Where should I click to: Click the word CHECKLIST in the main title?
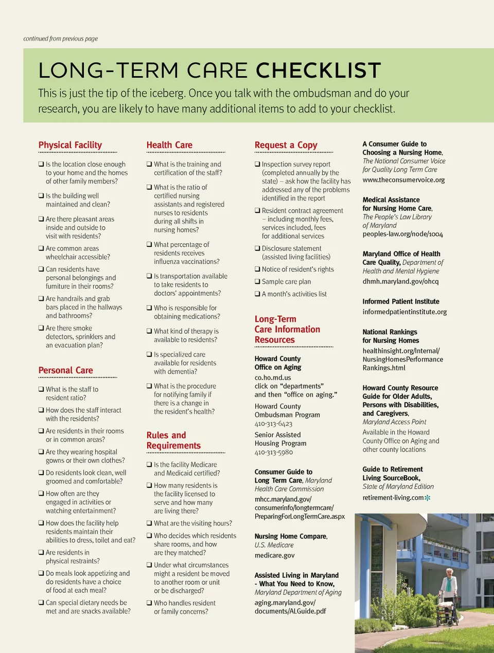[318, 70]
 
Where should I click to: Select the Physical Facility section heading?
[70, 145]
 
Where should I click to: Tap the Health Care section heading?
[169, 145]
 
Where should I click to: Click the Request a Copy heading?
[286, 145]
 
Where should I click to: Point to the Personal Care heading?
[65, 370]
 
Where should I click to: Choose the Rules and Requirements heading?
[173, 440]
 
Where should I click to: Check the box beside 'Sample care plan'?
[257, 281]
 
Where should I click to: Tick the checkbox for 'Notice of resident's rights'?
[257, 269]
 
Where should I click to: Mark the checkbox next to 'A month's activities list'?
[257, 294]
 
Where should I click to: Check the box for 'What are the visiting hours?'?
[149, 523]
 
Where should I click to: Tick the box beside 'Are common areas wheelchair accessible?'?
[41, 248]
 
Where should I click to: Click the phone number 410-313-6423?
[273, 424]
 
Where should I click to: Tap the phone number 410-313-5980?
[273, 452]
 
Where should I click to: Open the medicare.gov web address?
[274, 555]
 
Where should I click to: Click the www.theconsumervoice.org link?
[403, 180]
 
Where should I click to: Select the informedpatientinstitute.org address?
[404, 312]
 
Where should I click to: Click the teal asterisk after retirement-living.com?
[428, 498]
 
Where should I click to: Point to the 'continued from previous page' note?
[60, 39]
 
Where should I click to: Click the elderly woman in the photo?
[449, 586]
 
